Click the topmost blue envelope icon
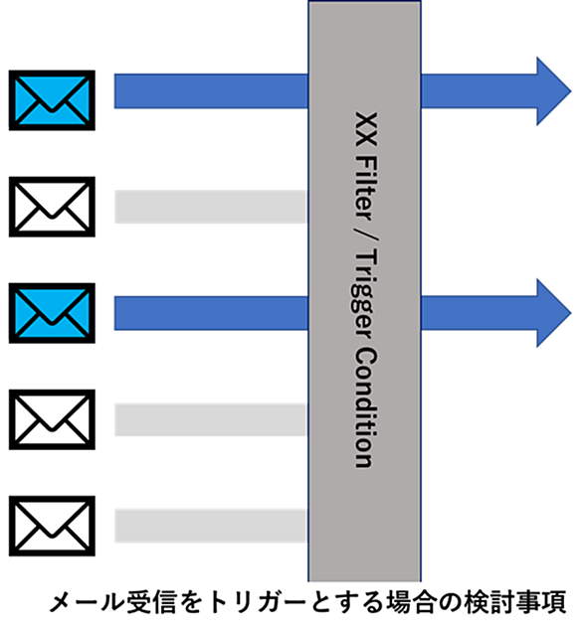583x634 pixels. click(52, 100)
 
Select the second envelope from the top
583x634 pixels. click(52, 207)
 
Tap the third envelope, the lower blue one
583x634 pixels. click(52, 313)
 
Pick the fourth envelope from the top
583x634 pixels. click(52, 419)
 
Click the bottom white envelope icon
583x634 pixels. click(52, 526)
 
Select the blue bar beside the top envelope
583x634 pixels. click(211, 91)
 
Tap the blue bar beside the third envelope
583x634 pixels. click(211, 313)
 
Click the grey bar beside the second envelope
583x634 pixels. click(210, 207)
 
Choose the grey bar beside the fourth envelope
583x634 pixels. click(210, 419)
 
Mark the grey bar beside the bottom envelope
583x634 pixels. click(210, 526)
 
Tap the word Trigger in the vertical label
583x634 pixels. click(363, 292)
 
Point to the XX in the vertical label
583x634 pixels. click(366, 128)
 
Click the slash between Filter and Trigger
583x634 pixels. click(366, 236)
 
